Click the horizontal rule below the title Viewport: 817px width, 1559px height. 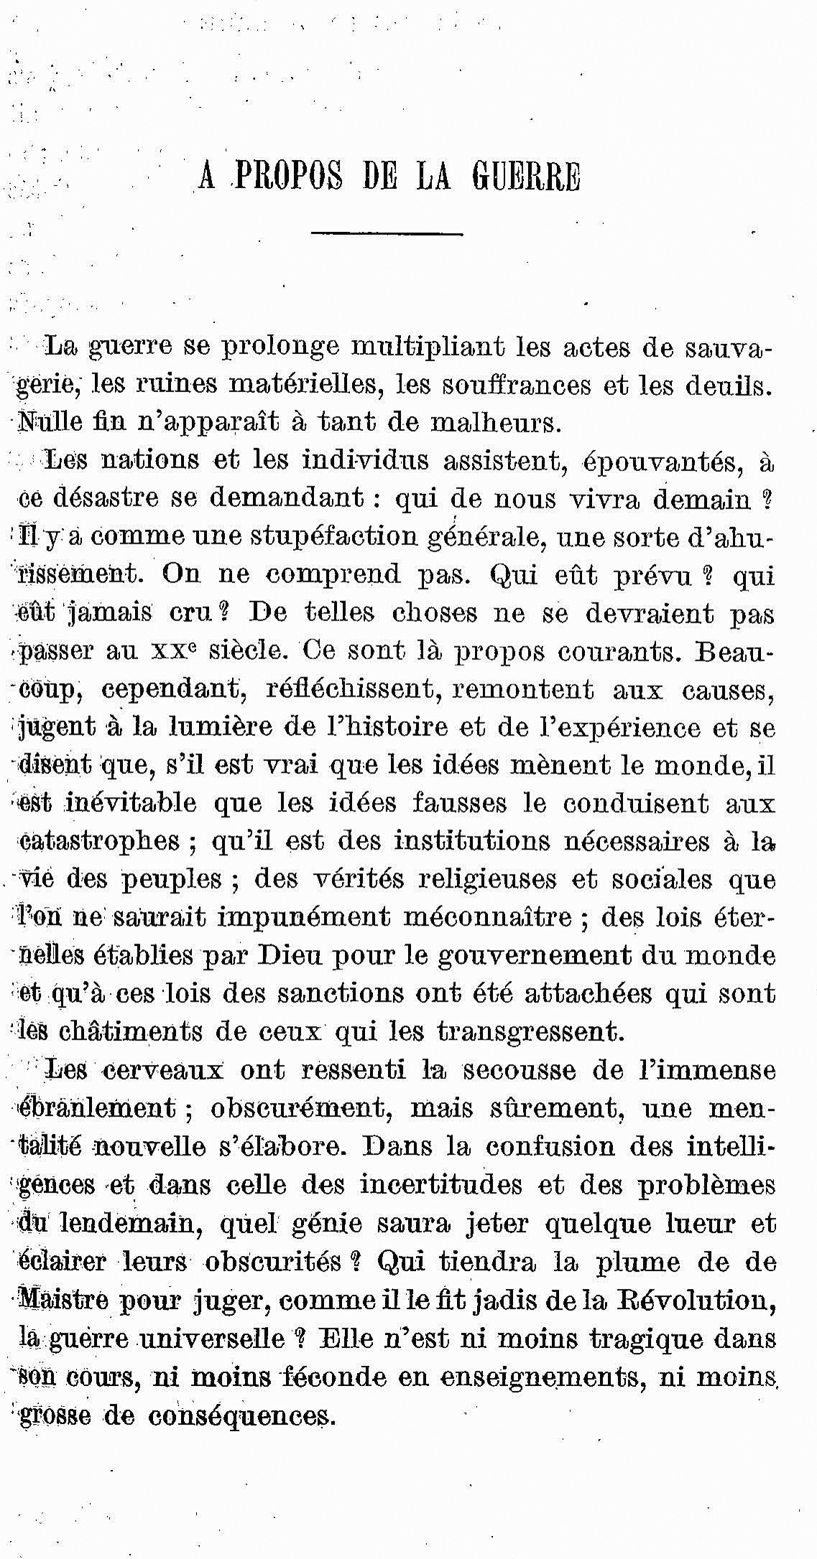coord(387,233)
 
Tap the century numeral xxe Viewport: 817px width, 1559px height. coord(175,651)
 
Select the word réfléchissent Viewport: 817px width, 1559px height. coord(348,689)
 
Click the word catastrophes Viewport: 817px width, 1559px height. coord(98,841)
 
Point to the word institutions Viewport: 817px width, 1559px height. coord(471,841)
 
